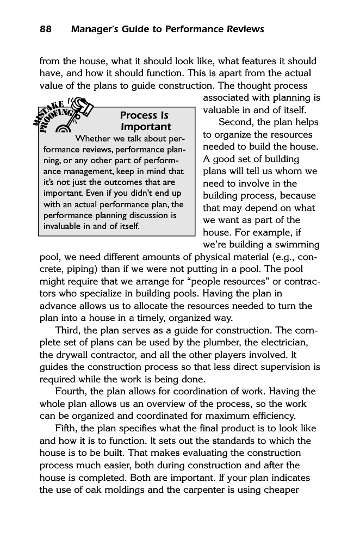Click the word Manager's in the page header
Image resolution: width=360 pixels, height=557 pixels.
[95, 29]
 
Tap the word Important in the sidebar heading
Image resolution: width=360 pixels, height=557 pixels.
[145, 127]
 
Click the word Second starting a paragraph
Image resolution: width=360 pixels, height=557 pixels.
[237, 122]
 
